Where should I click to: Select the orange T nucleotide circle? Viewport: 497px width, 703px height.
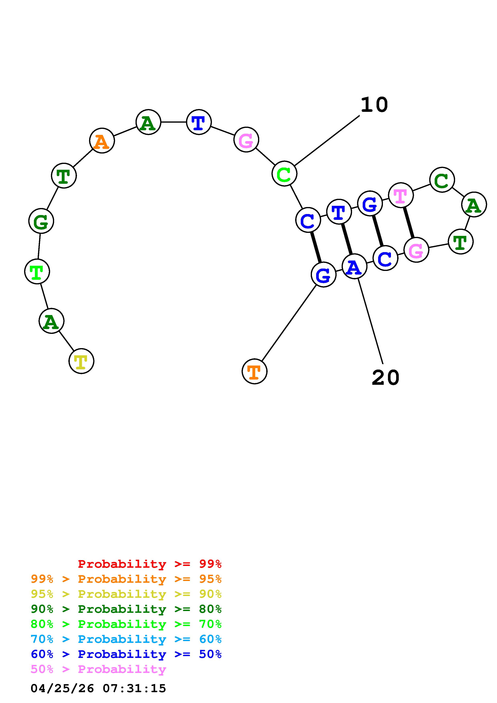(x=254, y=371)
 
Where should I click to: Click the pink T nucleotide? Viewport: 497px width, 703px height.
(x=401, y=195)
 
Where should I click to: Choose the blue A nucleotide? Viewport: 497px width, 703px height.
(x=354, y=267)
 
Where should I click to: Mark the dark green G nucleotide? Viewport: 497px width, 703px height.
(x=41, y=221)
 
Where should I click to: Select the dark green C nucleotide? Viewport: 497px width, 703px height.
(x=442, y=180)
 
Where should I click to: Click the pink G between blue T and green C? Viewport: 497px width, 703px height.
(x=246, y=140)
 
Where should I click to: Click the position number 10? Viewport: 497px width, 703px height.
(x=374, y=105)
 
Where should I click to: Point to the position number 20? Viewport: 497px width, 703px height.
(x=386, y=378)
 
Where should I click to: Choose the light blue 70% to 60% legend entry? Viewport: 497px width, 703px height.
(x=126, y=639)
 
